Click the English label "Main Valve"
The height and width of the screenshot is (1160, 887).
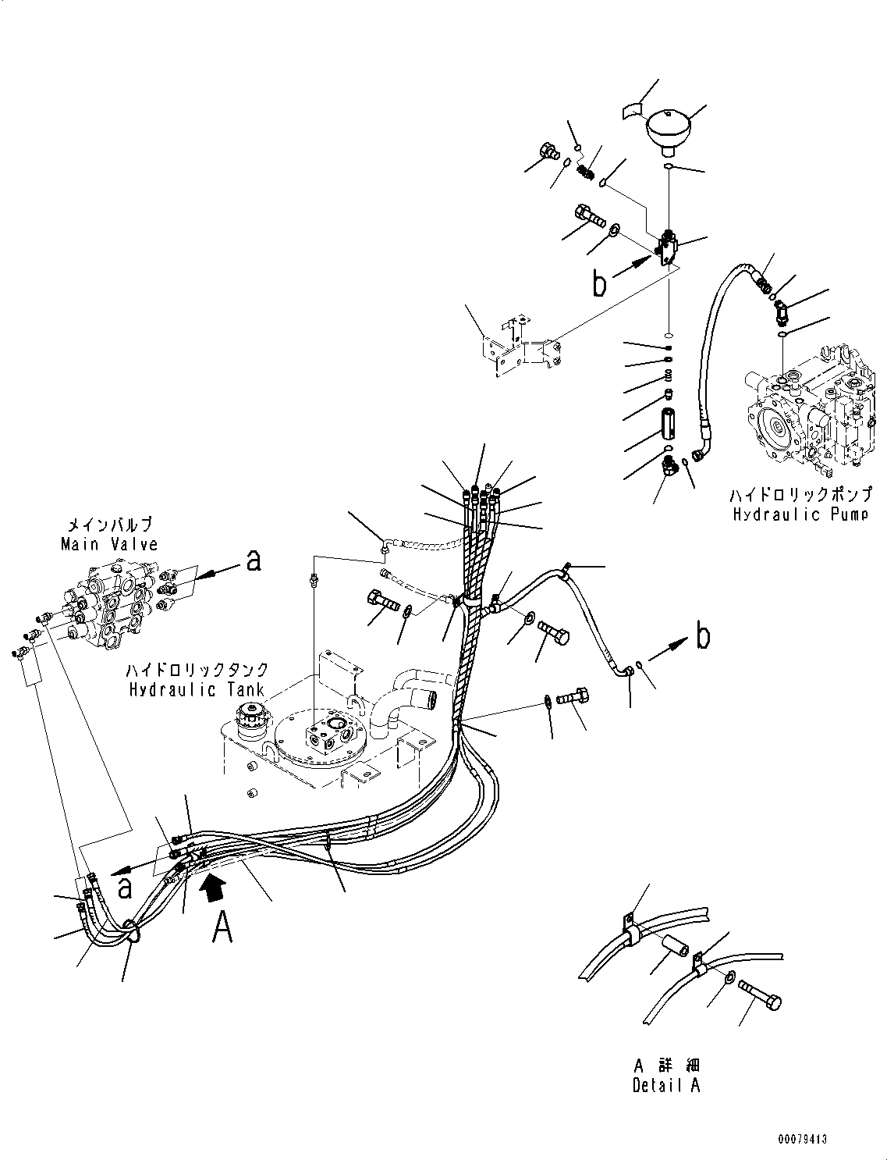pos(109,544)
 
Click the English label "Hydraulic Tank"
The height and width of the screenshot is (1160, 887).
pos(197,690)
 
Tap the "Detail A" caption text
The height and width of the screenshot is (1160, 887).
pos(666,1086)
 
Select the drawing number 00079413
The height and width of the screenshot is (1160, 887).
pos(800,1140)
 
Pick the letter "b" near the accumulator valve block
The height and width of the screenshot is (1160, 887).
pos(599,283)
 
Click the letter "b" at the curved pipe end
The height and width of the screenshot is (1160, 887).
pos(703,637)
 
